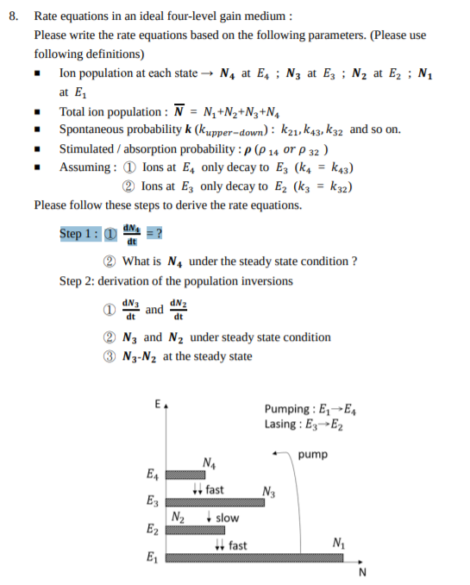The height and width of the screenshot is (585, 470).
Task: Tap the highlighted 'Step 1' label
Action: pos(79,234)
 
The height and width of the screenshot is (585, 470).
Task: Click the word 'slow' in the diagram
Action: pos(227,518)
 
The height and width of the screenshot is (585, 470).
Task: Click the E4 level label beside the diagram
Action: pos(153,475)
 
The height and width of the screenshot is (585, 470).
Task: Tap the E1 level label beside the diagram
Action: pos(153,556)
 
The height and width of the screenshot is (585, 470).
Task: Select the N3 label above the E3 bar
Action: pos(267,492)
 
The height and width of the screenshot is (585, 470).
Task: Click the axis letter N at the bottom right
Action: pos(362,573)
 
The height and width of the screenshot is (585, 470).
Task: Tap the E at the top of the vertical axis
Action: pos(156,403)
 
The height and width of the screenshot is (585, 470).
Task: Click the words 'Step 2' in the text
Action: pos(78,280)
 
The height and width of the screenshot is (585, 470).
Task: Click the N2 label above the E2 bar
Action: pos(178,518)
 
